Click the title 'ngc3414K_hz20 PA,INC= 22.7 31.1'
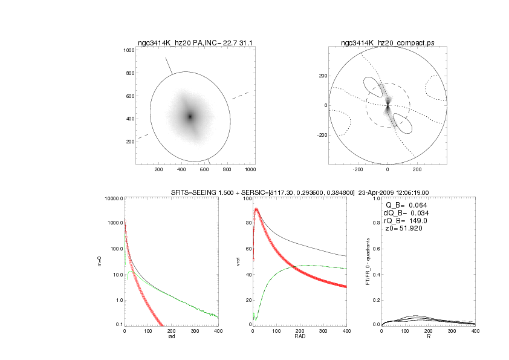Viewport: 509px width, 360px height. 196,43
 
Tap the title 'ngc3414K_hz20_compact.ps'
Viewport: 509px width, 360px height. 387,43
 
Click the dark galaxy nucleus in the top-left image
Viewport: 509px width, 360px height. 190,116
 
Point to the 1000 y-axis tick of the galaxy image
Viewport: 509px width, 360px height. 128,50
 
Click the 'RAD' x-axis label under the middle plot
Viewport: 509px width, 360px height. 299,337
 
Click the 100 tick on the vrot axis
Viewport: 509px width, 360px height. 247,198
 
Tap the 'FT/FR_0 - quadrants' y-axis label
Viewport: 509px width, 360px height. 368,261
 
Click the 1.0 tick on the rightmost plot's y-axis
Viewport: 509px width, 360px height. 375,198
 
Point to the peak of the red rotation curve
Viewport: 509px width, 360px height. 257,209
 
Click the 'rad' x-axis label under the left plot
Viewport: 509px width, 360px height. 170,337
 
